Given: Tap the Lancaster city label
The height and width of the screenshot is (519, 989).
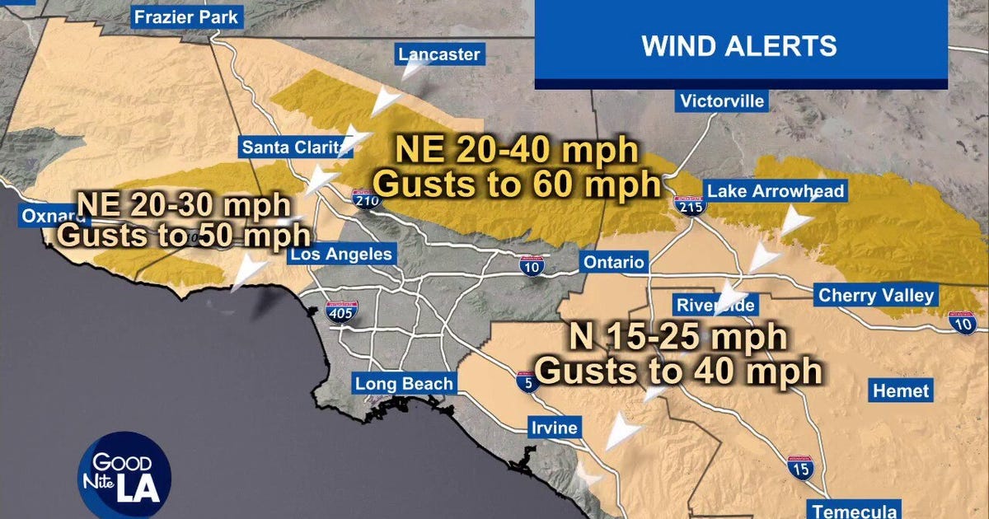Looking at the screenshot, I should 438,55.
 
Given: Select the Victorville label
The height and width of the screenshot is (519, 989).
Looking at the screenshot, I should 723,101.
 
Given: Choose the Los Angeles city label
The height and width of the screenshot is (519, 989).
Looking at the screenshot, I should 340,255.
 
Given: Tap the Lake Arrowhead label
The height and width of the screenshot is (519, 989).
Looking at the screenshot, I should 776,192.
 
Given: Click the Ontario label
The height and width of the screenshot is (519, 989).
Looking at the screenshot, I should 612,263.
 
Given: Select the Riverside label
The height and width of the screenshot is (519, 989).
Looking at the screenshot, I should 715,305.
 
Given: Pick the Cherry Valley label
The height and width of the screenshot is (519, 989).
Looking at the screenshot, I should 875,296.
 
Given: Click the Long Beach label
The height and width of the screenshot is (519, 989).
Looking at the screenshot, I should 404,384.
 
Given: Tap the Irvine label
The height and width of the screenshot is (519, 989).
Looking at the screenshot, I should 554,428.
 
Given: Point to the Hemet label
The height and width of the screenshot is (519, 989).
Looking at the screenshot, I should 900,390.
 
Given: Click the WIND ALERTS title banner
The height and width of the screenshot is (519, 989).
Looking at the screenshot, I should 739,46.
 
